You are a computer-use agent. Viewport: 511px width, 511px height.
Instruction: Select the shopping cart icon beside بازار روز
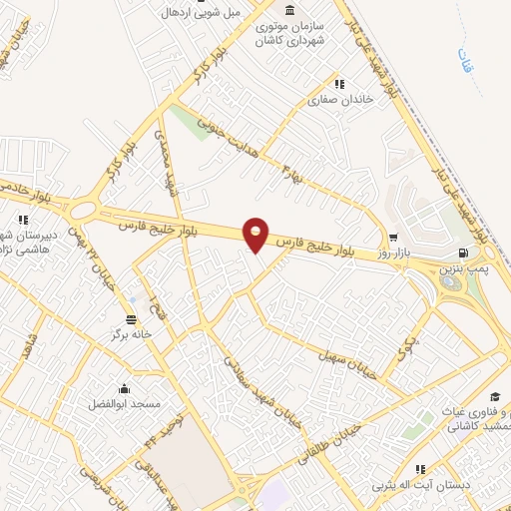point(394,238)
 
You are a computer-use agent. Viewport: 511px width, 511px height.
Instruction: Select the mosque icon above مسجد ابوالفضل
point(125,389)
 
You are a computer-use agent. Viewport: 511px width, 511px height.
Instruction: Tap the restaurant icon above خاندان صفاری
point(339,84)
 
